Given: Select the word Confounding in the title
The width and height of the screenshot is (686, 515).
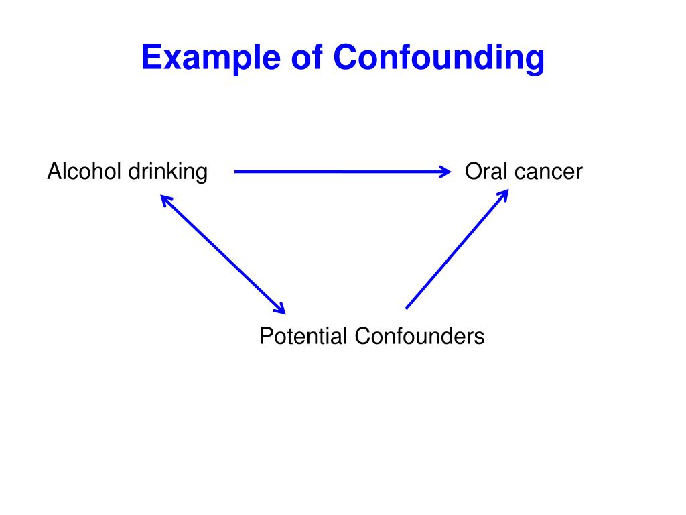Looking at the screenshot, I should [439, 58].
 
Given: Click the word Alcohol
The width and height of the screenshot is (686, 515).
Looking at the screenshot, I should [84, 172].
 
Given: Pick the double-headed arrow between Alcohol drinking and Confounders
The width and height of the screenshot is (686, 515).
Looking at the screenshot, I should [223, 254].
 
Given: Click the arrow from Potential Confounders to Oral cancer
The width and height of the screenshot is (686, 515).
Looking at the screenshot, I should [456, 249].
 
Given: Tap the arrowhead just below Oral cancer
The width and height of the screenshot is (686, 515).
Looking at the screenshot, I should [504, 193].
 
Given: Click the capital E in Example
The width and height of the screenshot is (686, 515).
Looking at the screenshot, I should [149, 58].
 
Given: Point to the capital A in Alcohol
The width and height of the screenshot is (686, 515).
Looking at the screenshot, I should [54, 172].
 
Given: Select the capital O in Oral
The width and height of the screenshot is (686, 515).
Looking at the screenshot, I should [472, 172].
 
